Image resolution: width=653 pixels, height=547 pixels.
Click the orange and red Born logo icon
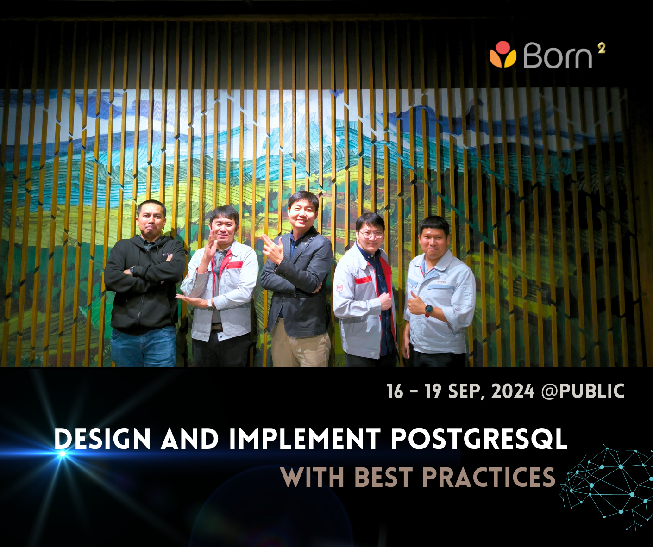click(502, 54)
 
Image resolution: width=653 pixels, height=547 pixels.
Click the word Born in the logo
click(558, 56)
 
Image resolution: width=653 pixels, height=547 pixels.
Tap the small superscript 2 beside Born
click(601, 48)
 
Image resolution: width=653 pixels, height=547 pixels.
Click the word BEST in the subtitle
click(383, 477)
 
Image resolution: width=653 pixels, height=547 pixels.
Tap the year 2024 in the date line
click(513, 392)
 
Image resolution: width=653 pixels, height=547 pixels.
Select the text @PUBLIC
click(583, 392)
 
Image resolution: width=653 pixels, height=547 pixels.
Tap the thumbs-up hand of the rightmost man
click(416, 304)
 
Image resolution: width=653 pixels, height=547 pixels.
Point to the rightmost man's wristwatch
click(429, 309)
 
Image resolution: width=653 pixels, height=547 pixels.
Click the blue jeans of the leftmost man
click(143, 347)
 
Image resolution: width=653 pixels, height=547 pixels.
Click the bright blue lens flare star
click(62, 454)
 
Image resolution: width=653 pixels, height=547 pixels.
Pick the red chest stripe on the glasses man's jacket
click(364, 280)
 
